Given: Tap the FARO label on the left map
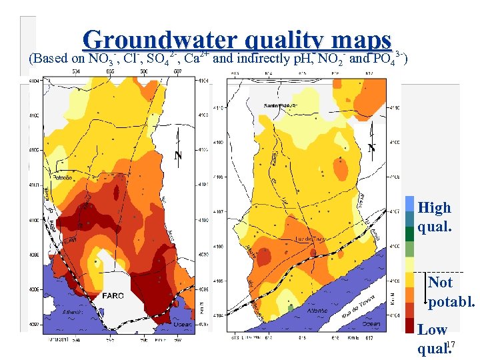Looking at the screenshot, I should pos(113,295).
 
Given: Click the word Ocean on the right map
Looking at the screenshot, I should pos(371,324).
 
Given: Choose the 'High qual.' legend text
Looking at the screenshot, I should pos(435,217).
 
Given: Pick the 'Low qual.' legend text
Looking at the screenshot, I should pos(432,339).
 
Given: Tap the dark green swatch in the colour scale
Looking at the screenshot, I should pos(409,233).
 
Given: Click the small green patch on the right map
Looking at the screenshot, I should pos(291,307).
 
